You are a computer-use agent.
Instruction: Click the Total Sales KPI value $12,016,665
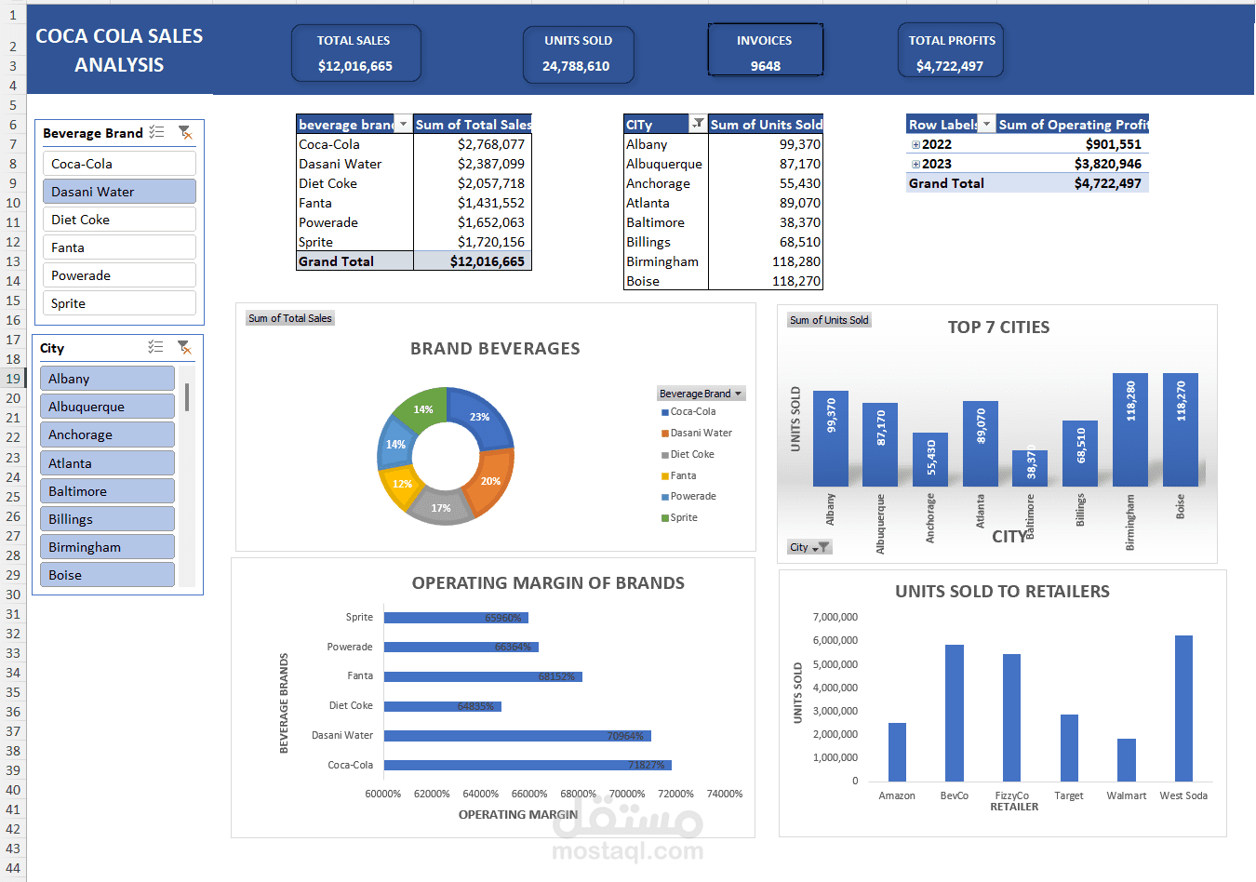point(355,66)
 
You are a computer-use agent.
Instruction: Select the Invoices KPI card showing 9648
point(765,53)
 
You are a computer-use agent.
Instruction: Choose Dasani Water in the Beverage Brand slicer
point(119,192)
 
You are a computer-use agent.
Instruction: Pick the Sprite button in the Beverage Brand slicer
point(119,303)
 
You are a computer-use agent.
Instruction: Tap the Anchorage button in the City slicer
point(107,434)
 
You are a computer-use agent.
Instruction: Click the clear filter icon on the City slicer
point(184,347)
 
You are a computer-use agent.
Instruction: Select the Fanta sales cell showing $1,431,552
point(490,203)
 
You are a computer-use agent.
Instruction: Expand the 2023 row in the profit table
point(915,165)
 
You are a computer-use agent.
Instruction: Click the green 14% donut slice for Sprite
point(421,408)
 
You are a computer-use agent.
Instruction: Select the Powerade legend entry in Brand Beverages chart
point(692,497)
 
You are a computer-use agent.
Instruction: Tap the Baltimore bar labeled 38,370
point(1029,468)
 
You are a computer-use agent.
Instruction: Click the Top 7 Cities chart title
point(998,327)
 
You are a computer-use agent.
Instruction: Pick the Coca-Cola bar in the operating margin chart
point(527,765)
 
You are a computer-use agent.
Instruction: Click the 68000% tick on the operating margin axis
point(578,794)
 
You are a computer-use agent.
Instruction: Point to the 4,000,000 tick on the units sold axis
point(835,688)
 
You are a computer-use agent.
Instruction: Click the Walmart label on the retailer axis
point(1126,795)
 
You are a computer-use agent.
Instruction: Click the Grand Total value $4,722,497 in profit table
point(1107,183)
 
